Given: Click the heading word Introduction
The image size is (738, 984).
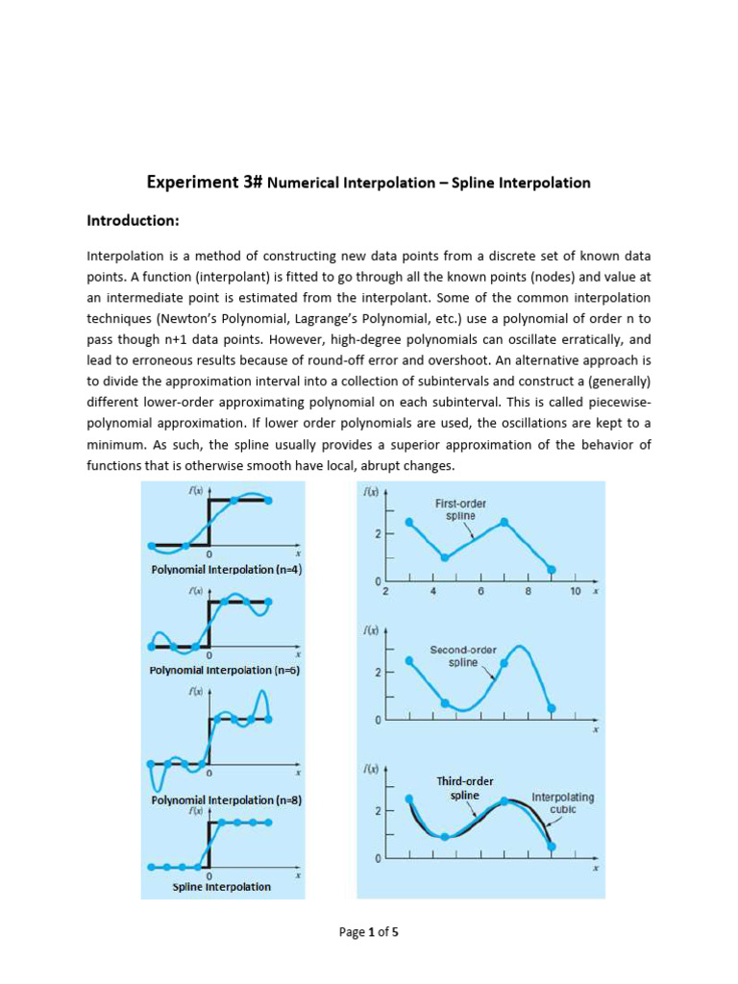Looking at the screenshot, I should pyautogui.click(x=133, y=221).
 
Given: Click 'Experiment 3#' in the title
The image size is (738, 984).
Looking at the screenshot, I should pyautogui.click(x=204, y=182).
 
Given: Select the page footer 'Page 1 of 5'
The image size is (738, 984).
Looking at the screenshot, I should pyautogui.click(x=368, y=931).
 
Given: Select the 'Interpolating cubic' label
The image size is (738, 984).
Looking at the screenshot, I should pyautogui.click(x=562, y=803).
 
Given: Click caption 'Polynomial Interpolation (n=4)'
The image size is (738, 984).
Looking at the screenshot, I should pyautogui.click(x=227, y=569).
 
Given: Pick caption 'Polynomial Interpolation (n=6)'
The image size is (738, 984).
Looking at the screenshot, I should pyautogui.click(x=226, y=670).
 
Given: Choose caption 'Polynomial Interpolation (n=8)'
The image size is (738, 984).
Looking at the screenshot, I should pyautogui.click(x=227, y=799).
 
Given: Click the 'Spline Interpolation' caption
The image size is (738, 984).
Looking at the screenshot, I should pyautogui.click(x=221, y=886).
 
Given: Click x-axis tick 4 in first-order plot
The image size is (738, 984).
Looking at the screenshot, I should pyautogui.click(x=433, y=592).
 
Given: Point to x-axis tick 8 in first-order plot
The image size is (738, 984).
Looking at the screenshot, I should pyautogui.click(x=528, y=592).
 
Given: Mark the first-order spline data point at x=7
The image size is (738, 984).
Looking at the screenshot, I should pyautogui.click(x=504, y=523).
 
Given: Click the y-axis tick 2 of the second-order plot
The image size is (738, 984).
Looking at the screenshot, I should pyautogui.click(x=378, y=671).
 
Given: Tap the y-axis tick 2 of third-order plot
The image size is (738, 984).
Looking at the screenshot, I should pyautogui.click(x=378, y=811).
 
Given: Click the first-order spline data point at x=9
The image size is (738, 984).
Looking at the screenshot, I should pyautogui.click(x=551, y=570).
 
